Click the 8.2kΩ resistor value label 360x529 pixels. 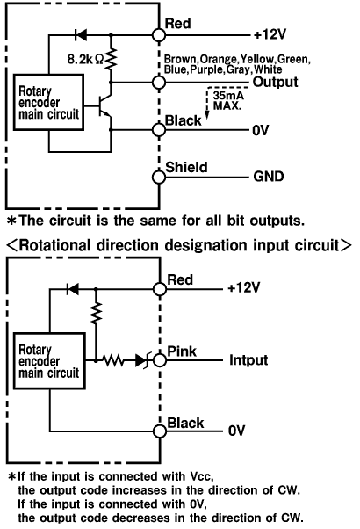[86, 60]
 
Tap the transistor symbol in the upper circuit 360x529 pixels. [104, 106]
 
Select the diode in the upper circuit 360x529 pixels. [81, 34]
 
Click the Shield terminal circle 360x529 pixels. [159, 178]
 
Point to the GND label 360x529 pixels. [269, 177]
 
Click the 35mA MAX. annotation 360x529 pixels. [228, 100]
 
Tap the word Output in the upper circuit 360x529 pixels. [275, 82]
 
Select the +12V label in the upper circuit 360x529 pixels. [270, 34]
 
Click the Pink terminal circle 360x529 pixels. [160, 360]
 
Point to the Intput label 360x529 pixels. [248, 360]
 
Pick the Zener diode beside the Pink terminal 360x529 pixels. [143, 360]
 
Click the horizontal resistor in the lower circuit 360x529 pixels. [113, 360]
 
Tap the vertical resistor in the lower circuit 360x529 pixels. [96, 313]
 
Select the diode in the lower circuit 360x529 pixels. [73, 289]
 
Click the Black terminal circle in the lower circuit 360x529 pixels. [160, 431]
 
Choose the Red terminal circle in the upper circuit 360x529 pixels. [159, 34]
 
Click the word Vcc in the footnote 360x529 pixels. [201, 476]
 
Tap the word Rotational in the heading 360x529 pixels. [55, 245]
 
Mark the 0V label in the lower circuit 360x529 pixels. [236, 431]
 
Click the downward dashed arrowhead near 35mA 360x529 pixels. [207, 115]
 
